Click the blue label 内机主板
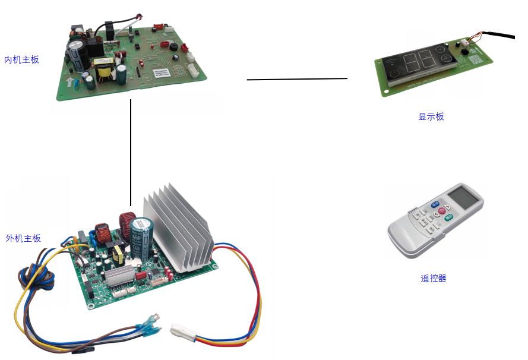(21, 59)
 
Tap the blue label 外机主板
(23, 238)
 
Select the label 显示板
(431, 116)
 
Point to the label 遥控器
(433, 278)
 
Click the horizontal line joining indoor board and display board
(297, 79)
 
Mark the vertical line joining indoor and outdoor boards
(131, 152)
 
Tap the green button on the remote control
(449, 216)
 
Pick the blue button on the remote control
(435, 206)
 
